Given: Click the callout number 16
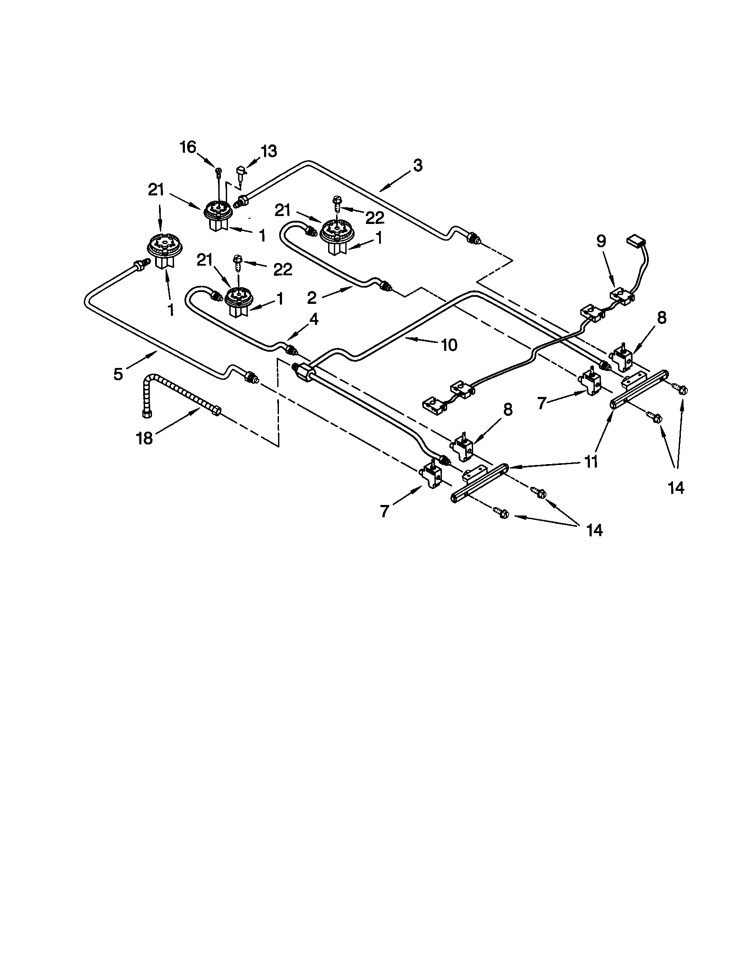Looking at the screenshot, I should (188, 147).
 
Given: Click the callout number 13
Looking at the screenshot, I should (268, 151).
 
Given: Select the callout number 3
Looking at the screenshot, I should (417, 166).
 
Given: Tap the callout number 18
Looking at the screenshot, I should (144, 438).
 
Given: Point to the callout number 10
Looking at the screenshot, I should (448, 345).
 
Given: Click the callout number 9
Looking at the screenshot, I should (600, 241).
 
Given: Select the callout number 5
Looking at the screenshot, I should (117, 374).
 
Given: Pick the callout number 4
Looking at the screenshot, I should (313, 319).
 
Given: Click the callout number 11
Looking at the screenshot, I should (590, 461).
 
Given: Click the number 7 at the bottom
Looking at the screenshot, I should (384, 511).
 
